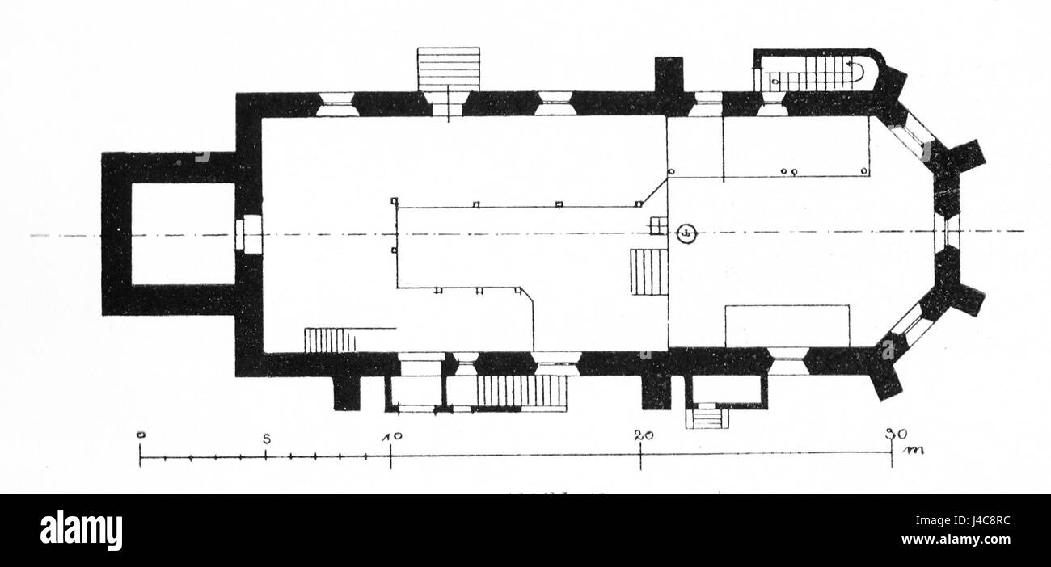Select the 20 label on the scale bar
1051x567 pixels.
(644, 436)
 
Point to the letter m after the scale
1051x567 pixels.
(914, 448)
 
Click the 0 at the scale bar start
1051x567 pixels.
(141, 436)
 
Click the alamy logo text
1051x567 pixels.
(81, 531)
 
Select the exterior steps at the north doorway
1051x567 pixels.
(448, 69)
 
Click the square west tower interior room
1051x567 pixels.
(182, 233)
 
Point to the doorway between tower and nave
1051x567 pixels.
(248, 234)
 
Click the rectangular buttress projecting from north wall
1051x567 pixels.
(669, 76)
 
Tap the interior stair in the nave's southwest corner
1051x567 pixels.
(330, 339)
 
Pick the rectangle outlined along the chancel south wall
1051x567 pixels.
(787, 325)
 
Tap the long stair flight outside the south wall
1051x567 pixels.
(521, 392)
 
